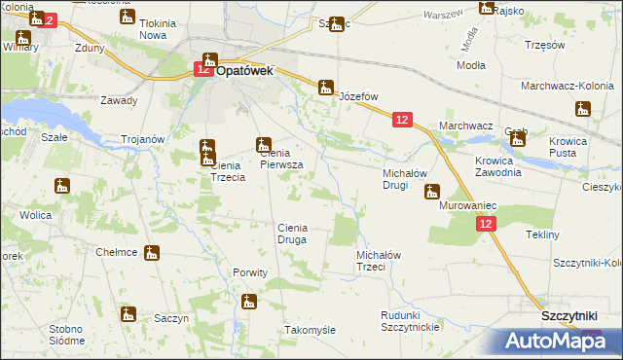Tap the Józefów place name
pyautogui.click(x=357, y=97)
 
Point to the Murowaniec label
pyautogui.click(x=468, y=207)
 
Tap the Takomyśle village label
pyautogui.click(x=310, y=330)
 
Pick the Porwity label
pyautogui.click(x=250, y=272)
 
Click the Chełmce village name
pyautogui.click(x=116, y=252)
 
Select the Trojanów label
pyautogui.click(x=141, y=139)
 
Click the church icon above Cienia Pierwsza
pyautogui.click(x=263, y=146)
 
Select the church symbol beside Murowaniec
pyautogui.click(x=433, y=192)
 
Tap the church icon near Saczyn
pyautogui.click(x=128, y=313)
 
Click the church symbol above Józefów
pyautogui.click(x=326, y=87)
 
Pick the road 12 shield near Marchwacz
pyautogui.click(x=402, y=119)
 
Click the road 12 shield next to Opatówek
pyautogui.click(x=202, y=69)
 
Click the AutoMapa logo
pyautogui.click(x=555, y=341)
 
